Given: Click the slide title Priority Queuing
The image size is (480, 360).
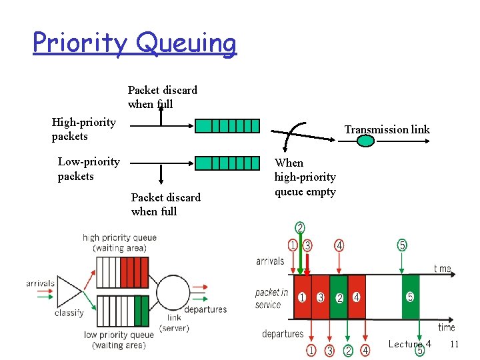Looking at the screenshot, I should [134, 43].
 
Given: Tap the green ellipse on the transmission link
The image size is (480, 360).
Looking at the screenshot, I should [366, 141].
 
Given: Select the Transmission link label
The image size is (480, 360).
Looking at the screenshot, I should [387, 129].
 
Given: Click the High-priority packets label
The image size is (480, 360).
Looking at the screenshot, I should [83, 129].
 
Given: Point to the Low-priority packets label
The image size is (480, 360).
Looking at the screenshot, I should [88, 169].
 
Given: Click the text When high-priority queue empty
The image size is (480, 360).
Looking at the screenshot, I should [305, 177].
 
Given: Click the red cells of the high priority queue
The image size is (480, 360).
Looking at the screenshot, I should [134, 273].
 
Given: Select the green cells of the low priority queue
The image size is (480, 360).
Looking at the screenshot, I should [141, 310].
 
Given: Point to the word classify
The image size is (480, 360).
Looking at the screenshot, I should [69, 313].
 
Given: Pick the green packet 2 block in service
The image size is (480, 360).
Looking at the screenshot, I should [339, 297].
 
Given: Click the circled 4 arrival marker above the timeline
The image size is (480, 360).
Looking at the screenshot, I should [339, 245].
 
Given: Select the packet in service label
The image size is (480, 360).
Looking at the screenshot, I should [271, 299].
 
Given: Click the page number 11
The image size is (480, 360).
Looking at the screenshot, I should [455, 344].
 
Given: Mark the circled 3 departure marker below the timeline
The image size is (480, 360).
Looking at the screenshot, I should [329, 351].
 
